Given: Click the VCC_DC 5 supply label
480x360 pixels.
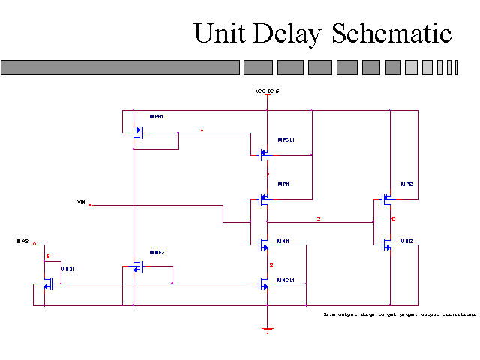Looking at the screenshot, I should (267, 91).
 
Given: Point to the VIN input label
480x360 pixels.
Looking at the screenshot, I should (81, 202).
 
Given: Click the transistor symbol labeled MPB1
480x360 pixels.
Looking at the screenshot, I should (137, 133).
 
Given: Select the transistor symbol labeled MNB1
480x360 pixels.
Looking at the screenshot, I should (49, 283).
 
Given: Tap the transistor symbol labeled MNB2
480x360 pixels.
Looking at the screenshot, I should (137, 268).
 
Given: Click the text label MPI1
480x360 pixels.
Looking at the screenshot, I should (283, 184).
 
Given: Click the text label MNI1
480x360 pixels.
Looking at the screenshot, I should (283, 241).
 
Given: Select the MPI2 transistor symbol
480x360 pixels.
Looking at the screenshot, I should (386, 200).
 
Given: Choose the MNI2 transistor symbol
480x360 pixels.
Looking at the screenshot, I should (386, 244).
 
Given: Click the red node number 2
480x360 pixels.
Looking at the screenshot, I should (318, 219).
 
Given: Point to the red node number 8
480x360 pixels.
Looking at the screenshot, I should (271, 265).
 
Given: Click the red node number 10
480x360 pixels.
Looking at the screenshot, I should (393, 220).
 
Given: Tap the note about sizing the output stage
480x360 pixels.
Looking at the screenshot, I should (399, 314).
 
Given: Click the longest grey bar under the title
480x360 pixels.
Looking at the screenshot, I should (121, 67).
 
